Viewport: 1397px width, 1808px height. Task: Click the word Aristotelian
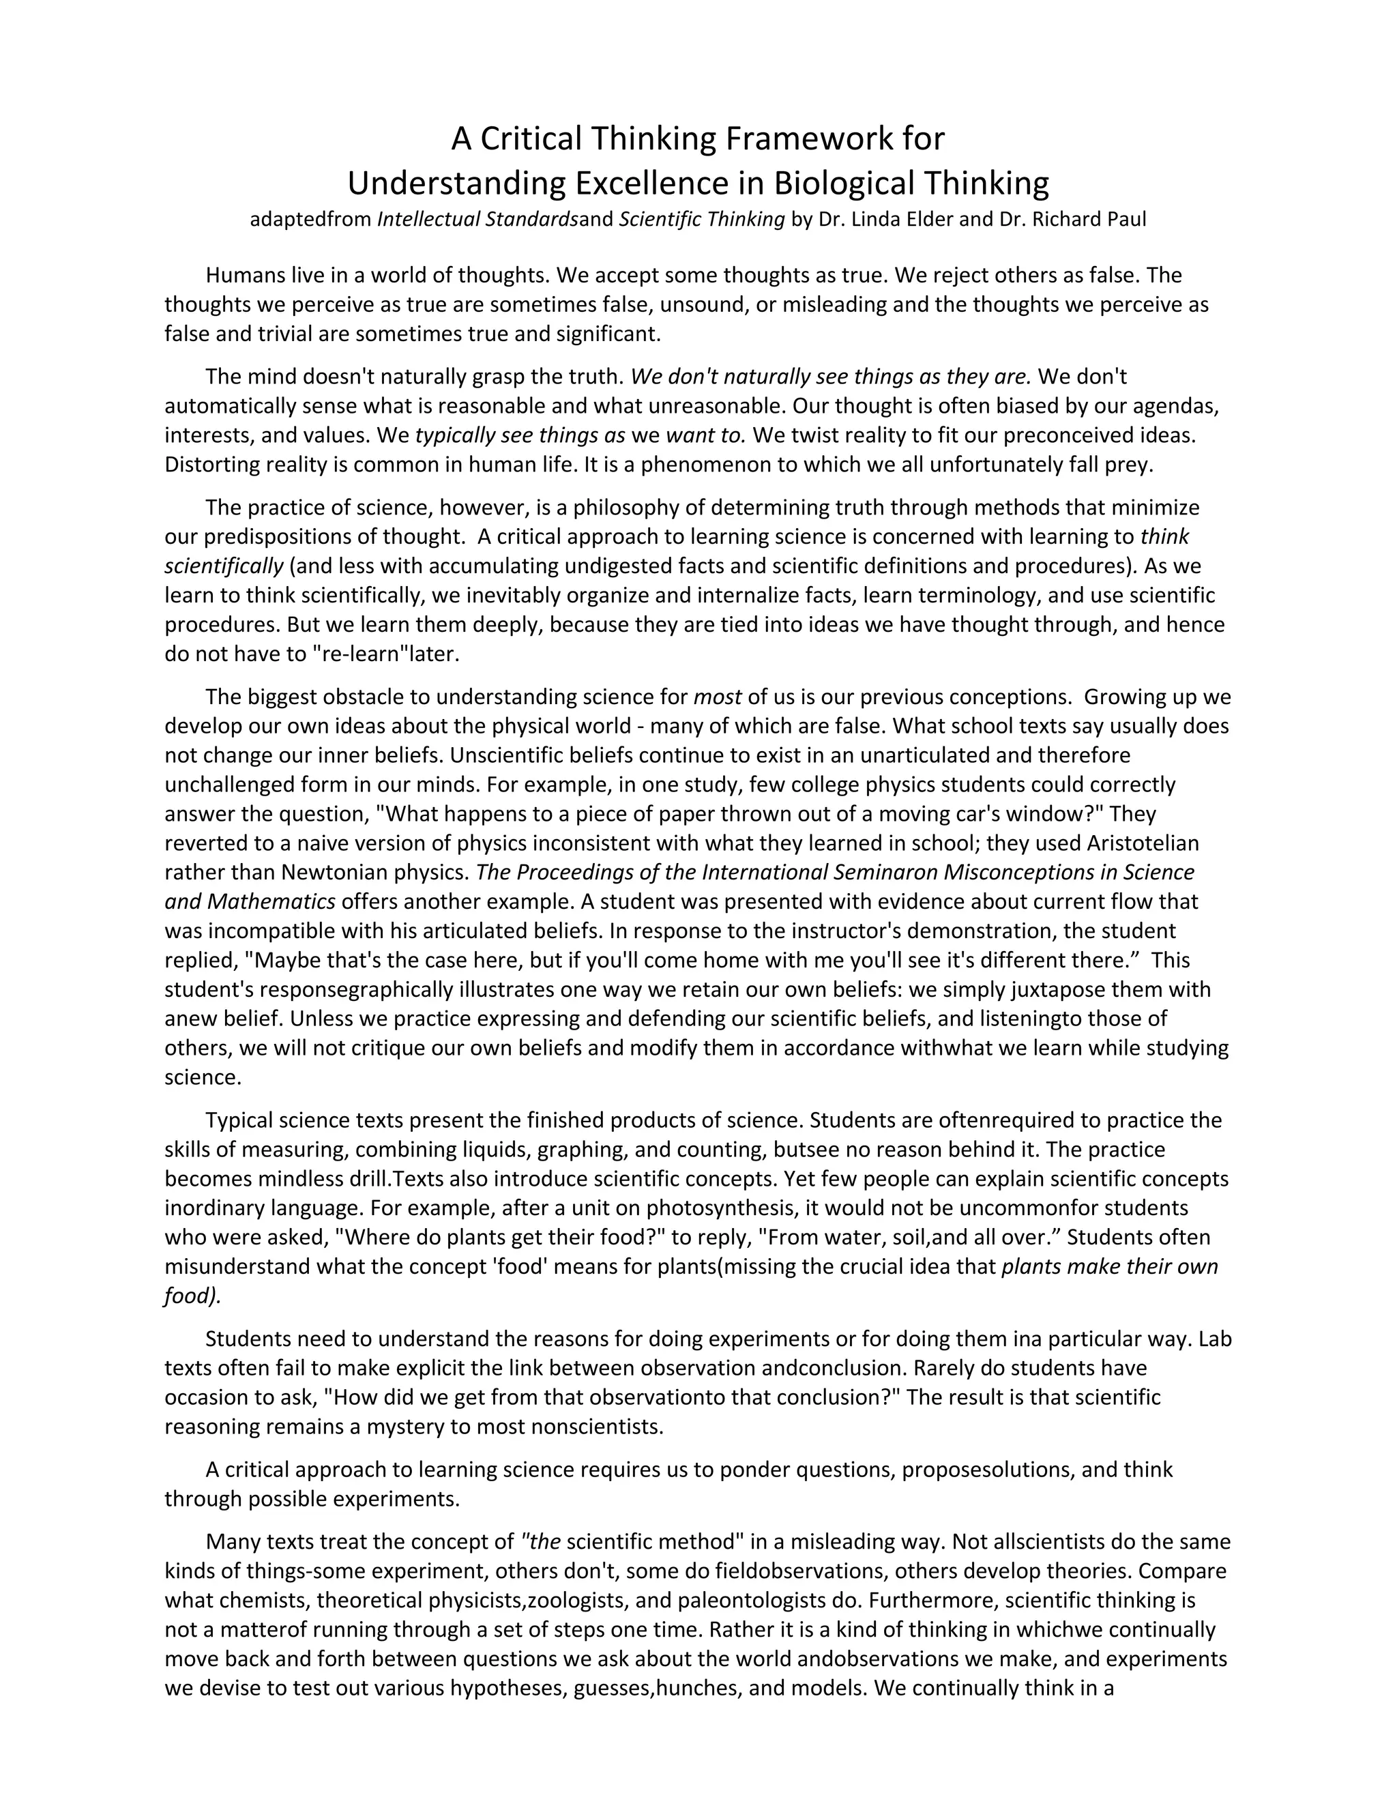[x=1142, y=843]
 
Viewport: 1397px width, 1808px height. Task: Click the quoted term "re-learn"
[x=362, y=654]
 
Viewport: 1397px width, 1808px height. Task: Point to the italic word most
[x=717, y=697]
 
